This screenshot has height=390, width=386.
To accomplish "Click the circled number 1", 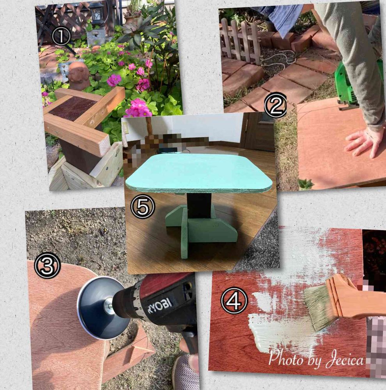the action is [61, 36].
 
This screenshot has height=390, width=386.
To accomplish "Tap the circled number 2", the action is [275, 105].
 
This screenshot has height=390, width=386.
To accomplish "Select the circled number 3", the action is [47, 265].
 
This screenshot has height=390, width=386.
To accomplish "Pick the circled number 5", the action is [143, 206].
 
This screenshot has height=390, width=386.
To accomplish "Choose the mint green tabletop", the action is [199, 172].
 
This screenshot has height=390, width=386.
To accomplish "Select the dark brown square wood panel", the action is [73, 108].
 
